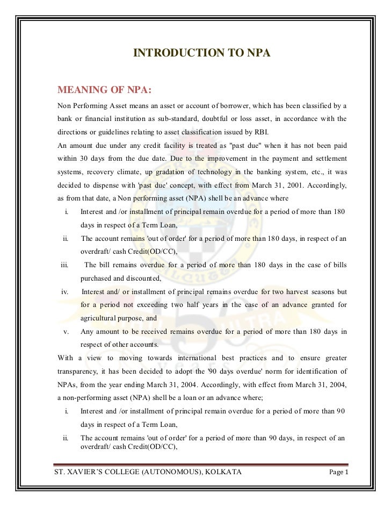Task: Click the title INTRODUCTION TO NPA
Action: tap(201, 53)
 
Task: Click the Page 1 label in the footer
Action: tap(339, 473)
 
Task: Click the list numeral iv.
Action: tap(64, 292)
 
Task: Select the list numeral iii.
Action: tap(64, 265)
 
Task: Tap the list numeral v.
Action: tap(66, 331)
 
